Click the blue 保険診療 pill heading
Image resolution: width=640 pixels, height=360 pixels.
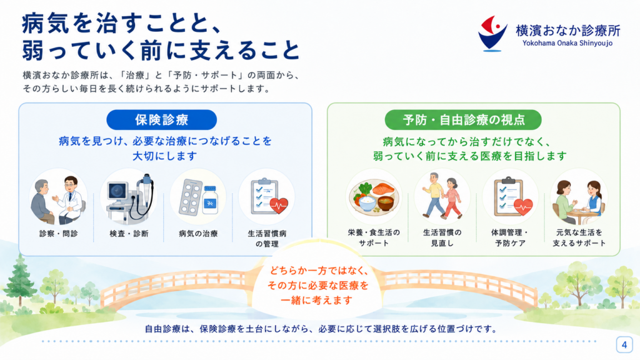162,119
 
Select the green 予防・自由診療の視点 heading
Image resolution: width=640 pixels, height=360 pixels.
463,119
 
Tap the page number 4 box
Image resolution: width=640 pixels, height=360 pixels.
624,345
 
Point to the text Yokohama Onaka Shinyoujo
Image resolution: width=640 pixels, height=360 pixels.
567,43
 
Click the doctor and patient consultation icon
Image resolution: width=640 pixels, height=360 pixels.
58,197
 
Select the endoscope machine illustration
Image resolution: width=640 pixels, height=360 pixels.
129,197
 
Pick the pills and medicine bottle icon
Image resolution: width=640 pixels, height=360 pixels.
198,197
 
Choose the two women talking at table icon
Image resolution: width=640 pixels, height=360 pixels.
579,197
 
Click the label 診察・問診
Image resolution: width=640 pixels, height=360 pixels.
58,234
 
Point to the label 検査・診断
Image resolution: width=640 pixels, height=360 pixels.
129,234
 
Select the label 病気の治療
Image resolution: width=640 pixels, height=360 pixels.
198,234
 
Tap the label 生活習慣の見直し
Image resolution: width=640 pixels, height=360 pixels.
442,237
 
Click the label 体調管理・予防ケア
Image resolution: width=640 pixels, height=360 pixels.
510,237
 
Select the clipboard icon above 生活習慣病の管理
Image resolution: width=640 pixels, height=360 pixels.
267,197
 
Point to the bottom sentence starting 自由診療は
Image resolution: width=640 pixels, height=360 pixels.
321,329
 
